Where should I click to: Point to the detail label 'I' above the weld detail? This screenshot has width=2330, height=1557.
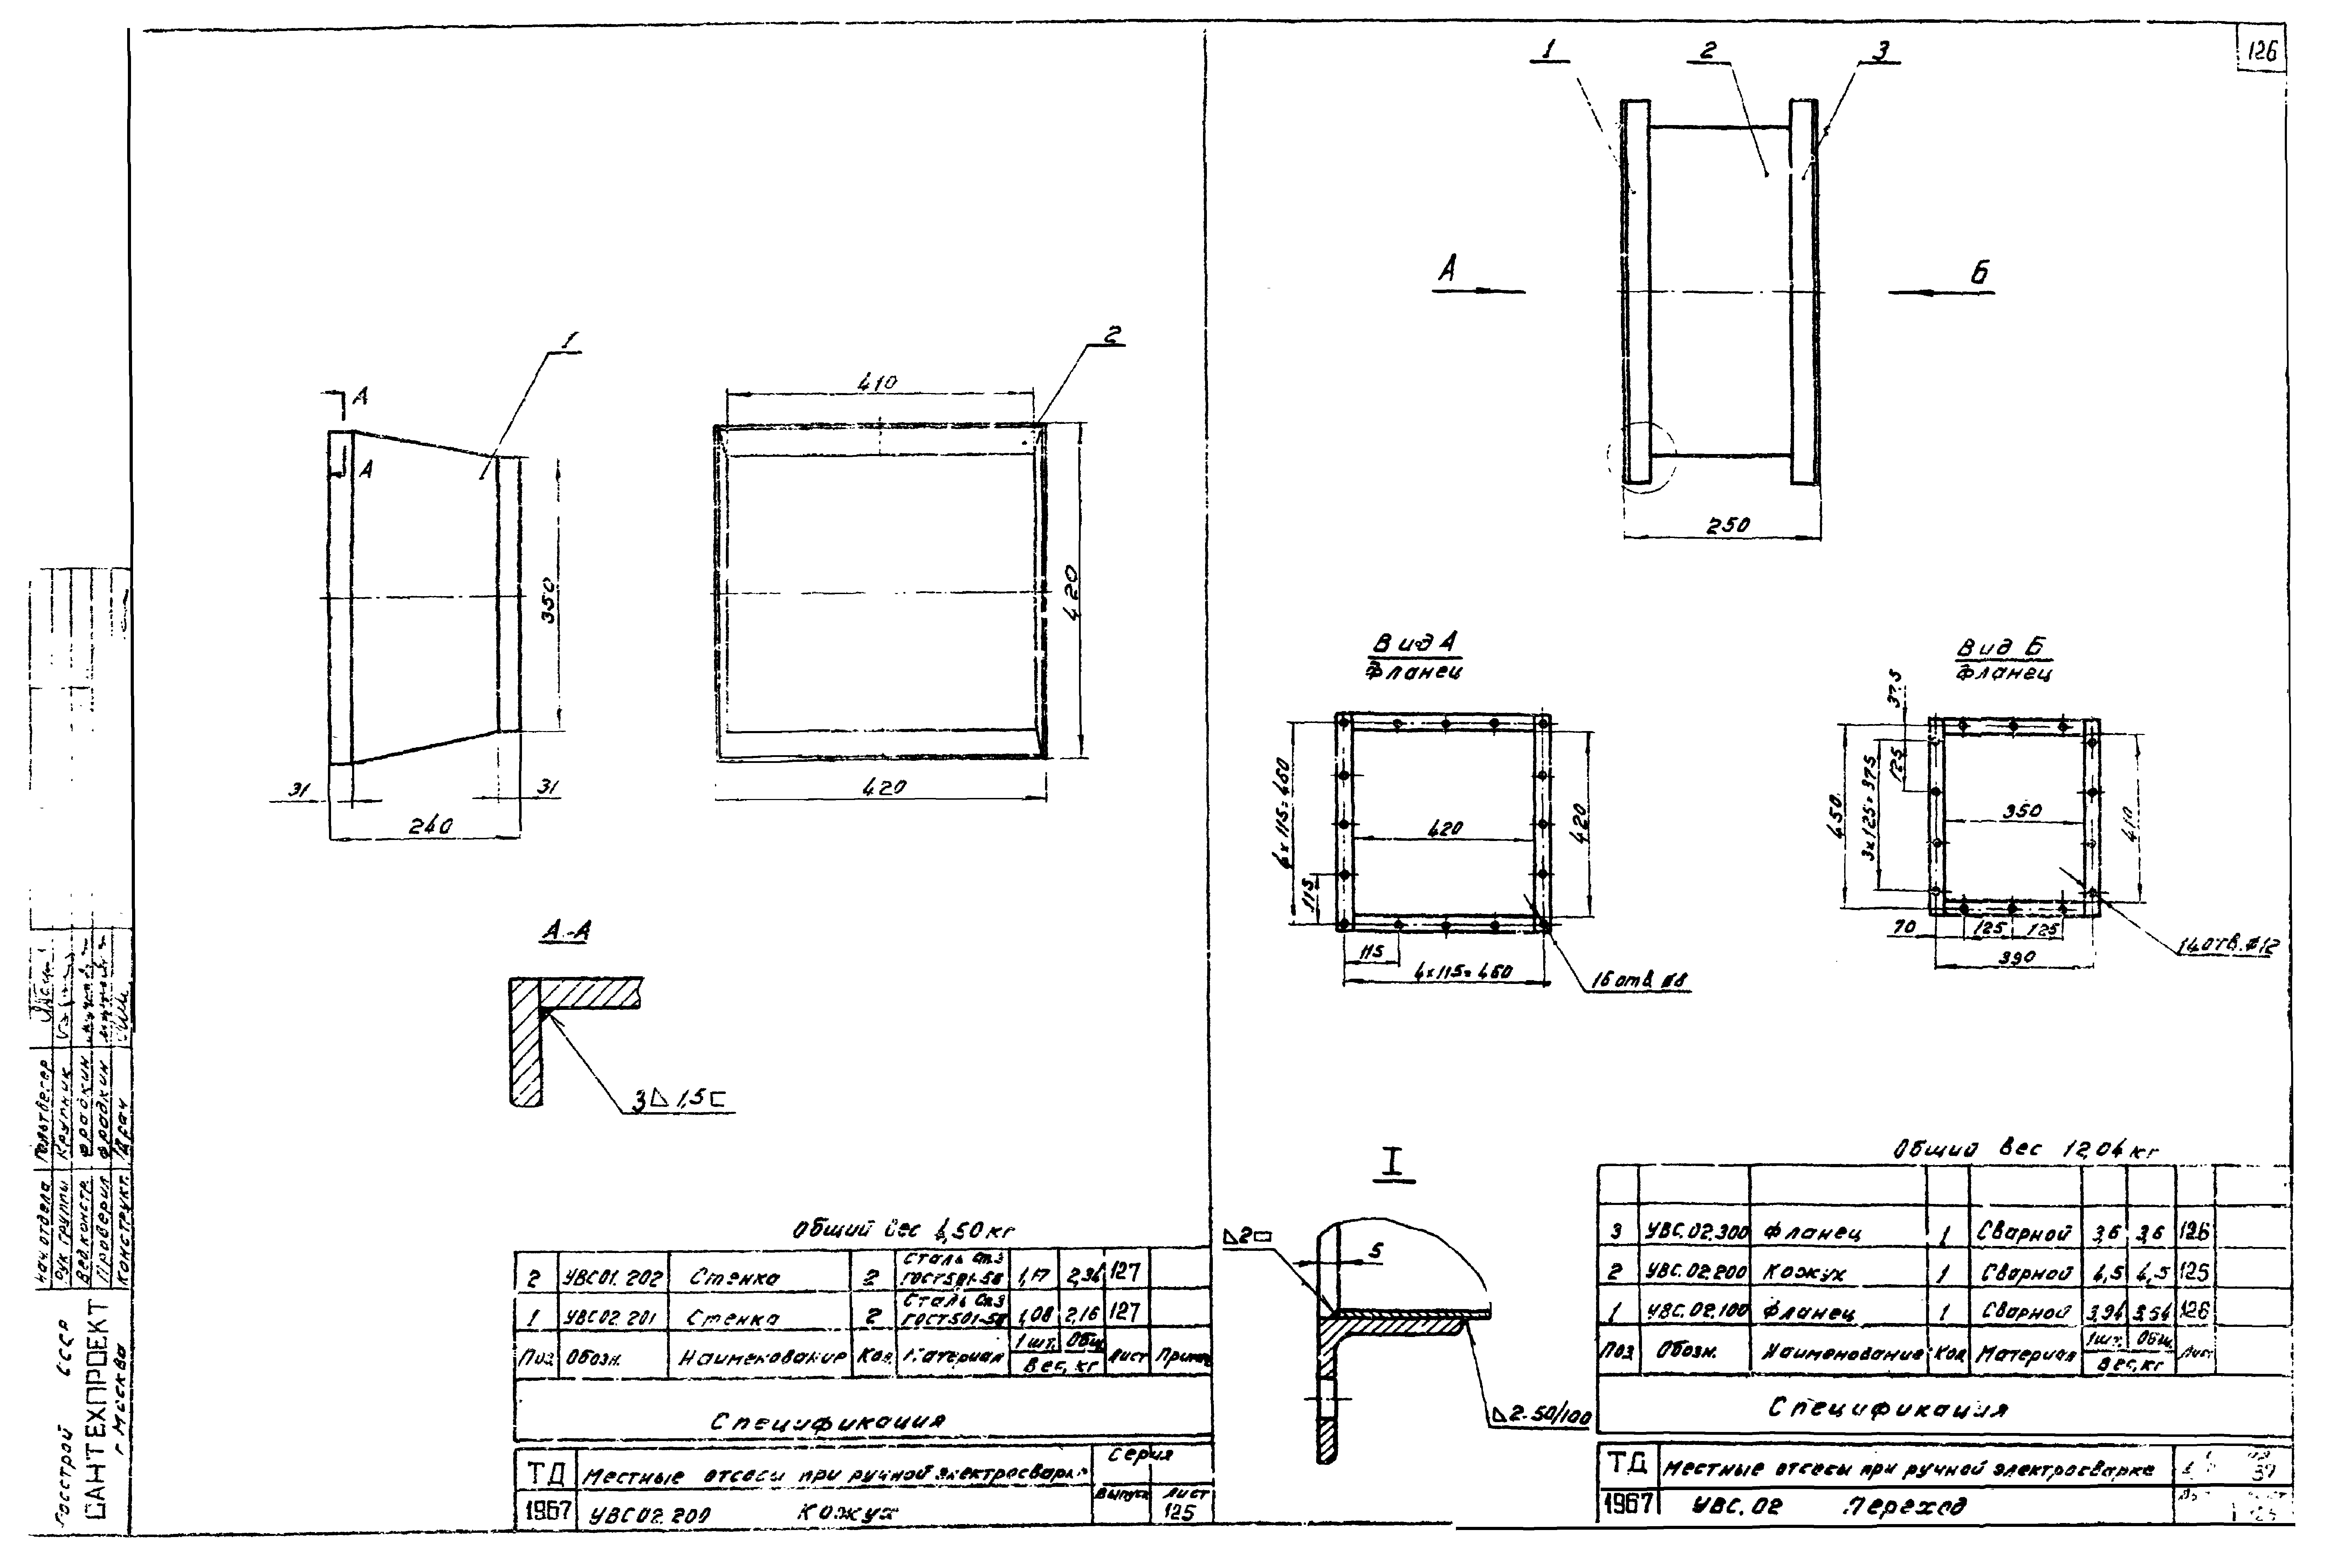click(1394, 1164)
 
